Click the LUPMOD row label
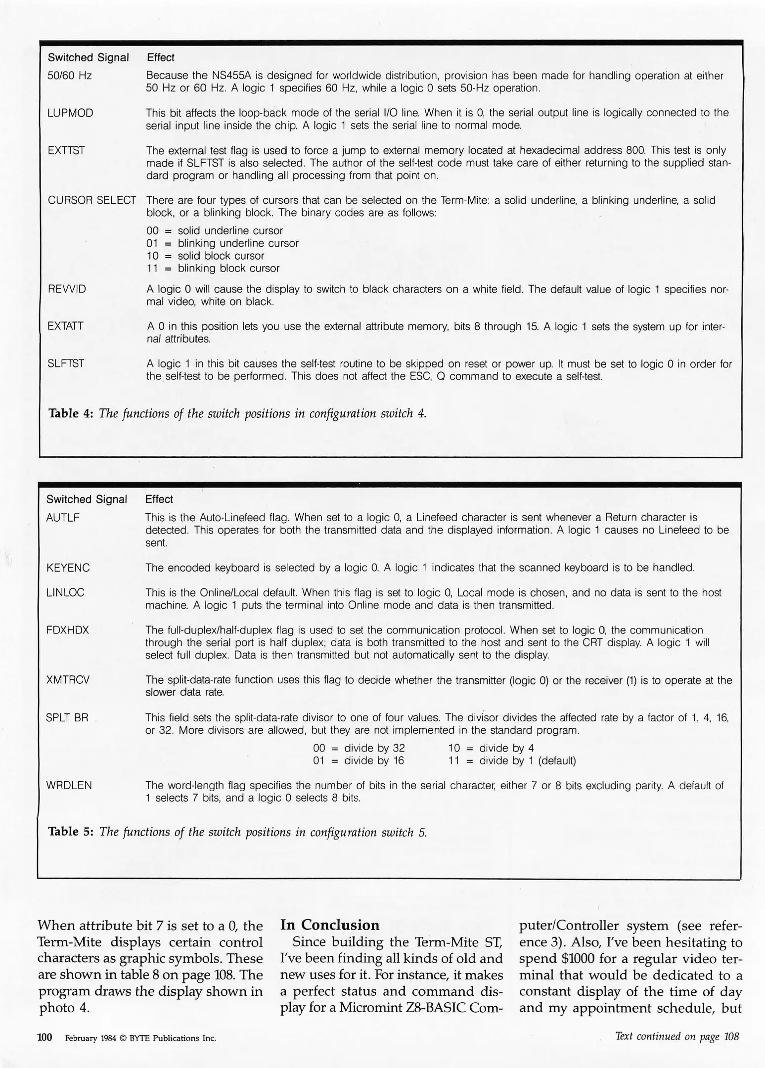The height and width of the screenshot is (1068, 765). coord(70,113)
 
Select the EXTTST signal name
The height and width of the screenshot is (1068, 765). coord(66,150)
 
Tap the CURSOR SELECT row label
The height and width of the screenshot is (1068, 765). coord(91,200)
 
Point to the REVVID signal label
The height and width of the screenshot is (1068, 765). coord(67,289)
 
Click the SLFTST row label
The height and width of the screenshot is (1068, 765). coord(66,364)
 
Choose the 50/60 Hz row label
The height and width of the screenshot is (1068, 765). coord(70,76)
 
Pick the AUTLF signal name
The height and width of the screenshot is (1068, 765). coord(63,518)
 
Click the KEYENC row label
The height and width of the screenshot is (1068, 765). coord(68,568)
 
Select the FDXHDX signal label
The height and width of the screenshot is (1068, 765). coord(67,630)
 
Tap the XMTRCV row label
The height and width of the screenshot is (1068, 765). coord(68,680)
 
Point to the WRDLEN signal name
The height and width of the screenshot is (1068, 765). coord(69,785)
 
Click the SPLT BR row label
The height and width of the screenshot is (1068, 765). coord(67,717)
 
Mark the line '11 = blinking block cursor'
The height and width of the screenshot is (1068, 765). coord(213,268)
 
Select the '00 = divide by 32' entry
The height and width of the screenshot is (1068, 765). coord(359,748)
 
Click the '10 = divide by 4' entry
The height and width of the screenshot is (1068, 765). coord(491,748)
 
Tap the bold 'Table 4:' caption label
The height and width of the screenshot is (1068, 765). coord(71,413)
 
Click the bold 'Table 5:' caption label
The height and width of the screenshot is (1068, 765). coord(71,832)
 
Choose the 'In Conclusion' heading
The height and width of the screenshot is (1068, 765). coord(330,925)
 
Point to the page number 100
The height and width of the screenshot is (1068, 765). coord(45,1037)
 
